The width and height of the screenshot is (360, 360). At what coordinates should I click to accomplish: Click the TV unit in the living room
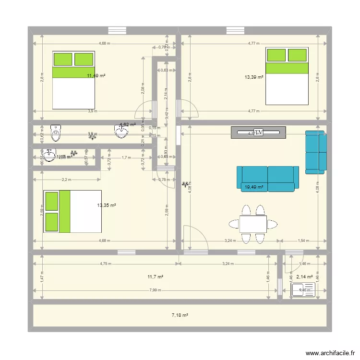(x=258, y=132)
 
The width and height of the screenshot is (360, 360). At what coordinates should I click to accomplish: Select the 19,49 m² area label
(x=254, y=187)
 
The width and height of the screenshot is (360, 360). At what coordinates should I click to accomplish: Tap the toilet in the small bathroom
(x=56, y=132)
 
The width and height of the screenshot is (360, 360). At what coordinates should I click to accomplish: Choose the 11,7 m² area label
(x=156, y=277)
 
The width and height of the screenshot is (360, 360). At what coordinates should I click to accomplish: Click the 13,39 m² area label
(x=254, y=77)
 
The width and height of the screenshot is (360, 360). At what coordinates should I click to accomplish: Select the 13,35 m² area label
(x=107, y=205)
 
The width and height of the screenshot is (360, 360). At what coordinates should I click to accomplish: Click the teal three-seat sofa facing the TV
(x=267, y=179)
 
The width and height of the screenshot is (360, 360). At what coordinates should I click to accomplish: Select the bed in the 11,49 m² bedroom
(x=73, y=80)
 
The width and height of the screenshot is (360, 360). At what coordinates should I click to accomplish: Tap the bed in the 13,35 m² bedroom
(x=72, y=211)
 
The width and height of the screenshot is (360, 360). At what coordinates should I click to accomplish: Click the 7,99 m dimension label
(x=155, y=290)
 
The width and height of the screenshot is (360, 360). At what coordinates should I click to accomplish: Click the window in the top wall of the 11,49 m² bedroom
(x=117, y=30)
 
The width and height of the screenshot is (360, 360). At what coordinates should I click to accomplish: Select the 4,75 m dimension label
(x=105, y=264)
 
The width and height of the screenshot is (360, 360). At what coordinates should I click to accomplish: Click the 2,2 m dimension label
(x=66, y=180)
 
